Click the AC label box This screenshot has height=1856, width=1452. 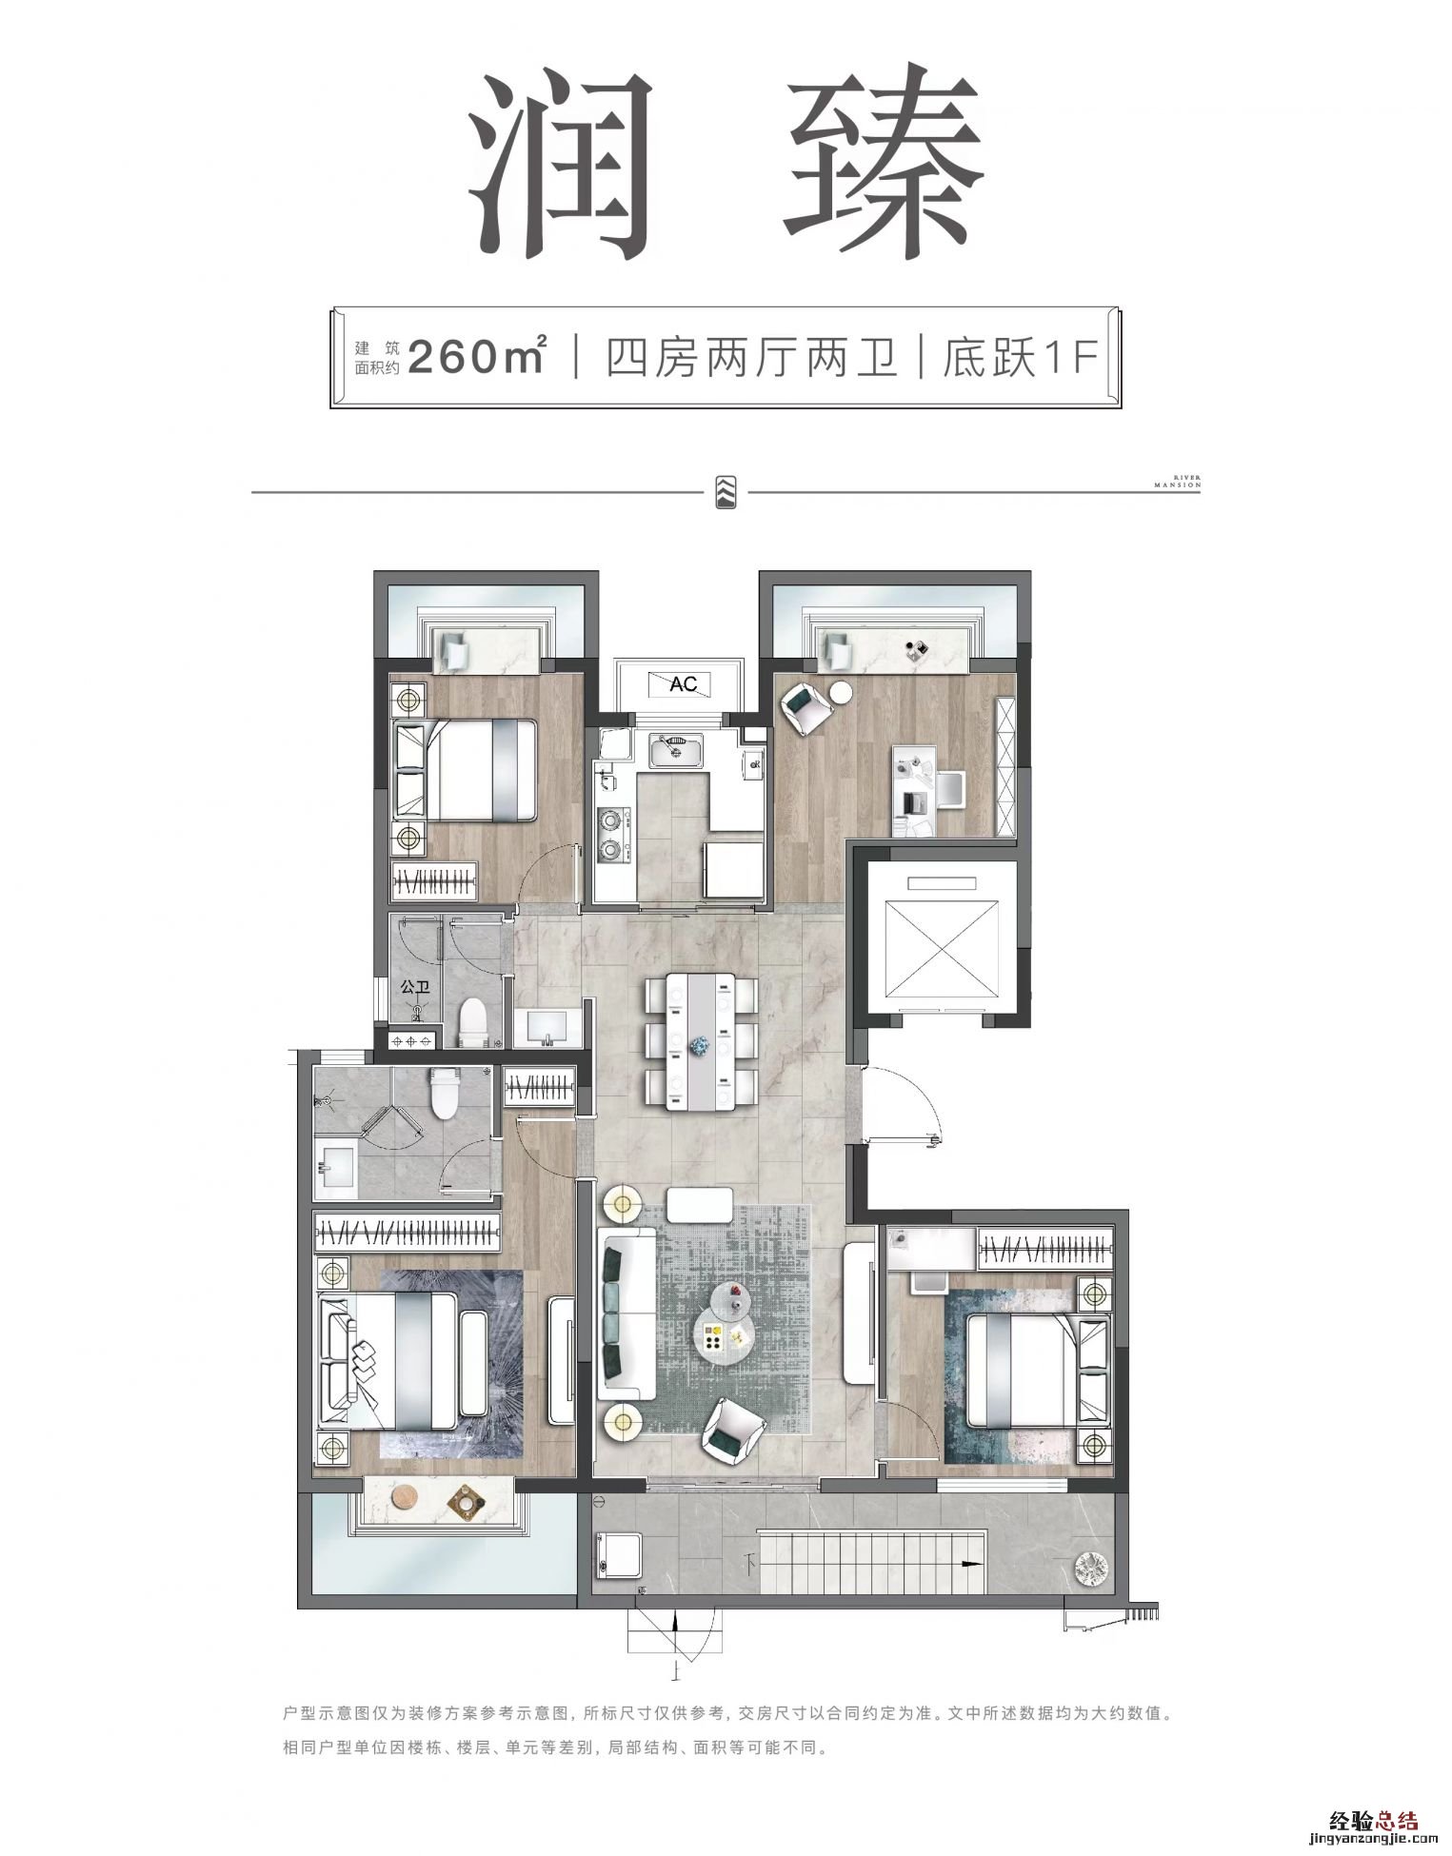tap(684, 683)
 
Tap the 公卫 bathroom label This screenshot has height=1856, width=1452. tap(416, 987)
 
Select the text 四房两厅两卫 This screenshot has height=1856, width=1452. tap(751, 357)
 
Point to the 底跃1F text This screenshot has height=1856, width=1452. tap(1021, 357)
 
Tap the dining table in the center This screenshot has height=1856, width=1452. tap(702, 1041)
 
